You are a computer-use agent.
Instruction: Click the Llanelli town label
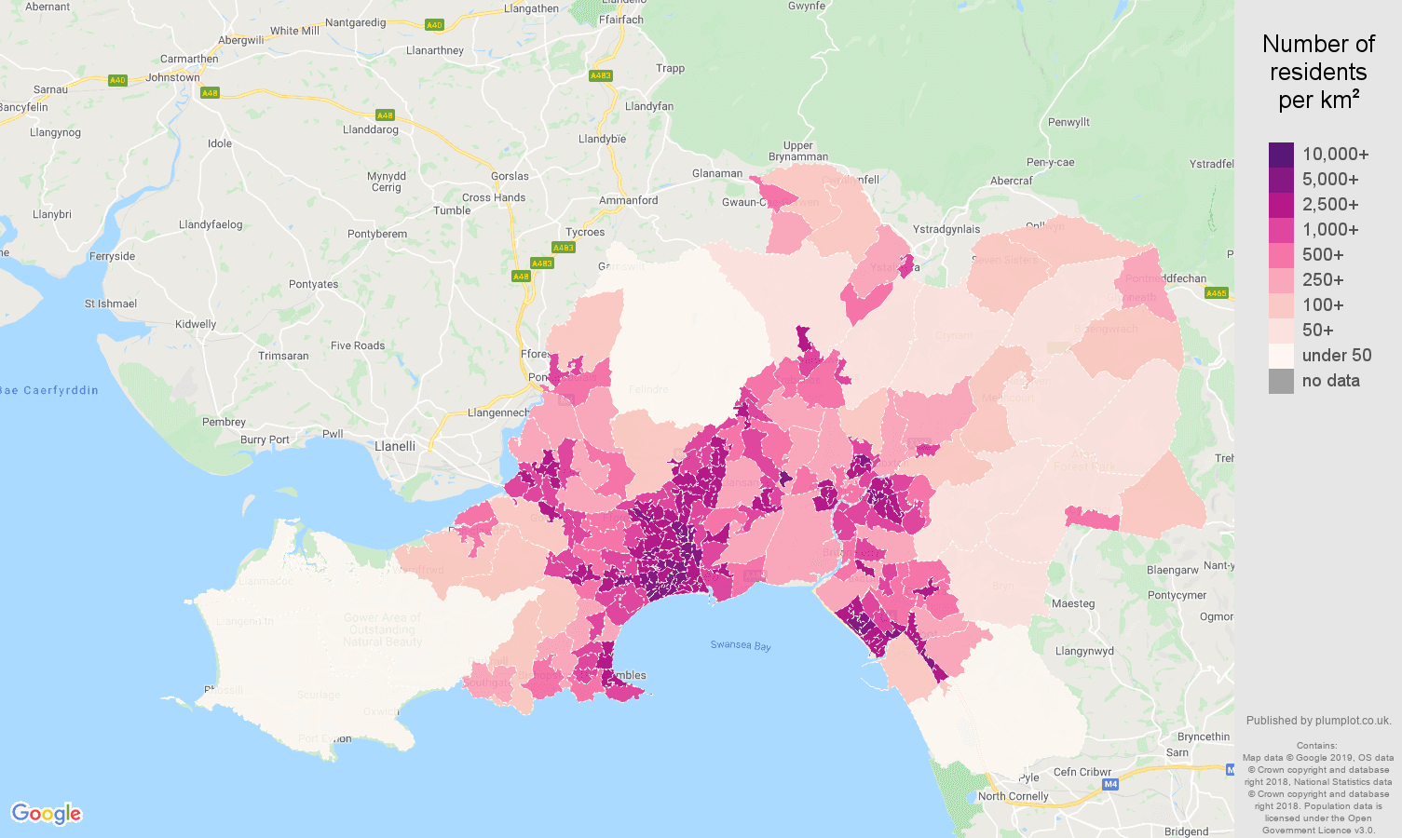(395, 446)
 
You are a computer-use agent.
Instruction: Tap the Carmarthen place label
(189, 59)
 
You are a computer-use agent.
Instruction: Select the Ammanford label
(629, 200)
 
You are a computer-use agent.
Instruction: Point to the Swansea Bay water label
(741, 645)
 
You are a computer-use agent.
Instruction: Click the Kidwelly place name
(196, 324)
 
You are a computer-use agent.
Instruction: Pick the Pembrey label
(225, 422)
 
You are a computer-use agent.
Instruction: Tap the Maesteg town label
(1073, 603)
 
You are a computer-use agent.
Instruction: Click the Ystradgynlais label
(946, 229)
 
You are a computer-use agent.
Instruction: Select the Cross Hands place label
(494, 197)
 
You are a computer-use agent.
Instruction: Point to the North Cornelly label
(1013, 796)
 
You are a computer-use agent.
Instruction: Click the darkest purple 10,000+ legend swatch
(1281, 155)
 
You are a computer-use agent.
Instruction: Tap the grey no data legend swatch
(1281, 381)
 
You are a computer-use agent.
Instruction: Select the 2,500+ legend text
(1330, 205)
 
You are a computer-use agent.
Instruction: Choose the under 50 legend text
(1337, 356)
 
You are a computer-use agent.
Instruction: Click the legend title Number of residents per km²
(1318, 72)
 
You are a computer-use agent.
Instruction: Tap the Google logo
(47, 814)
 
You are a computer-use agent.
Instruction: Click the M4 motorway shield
(1110, 784)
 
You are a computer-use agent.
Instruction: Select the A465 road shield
(1216, 293)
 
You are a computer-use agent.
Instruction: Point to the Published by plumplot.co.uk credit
(1318, 720)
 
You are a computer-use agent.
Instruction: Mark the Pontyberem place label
(377, 234)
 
